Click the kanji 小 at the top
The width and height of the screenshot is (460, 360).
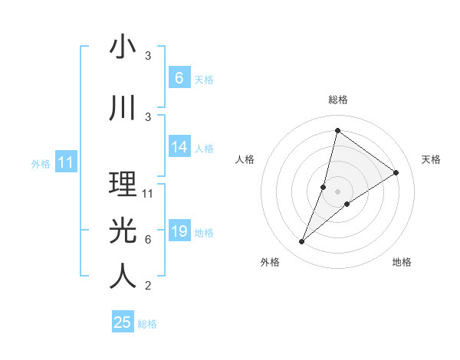[x=123, y=47]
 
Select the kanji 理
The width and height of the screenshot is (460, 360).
[x=123, y=185]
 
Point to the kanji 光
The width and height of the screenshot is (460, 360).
[x=123, y=229]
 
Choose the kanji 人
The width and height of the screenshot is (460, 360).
[x=123, y=277]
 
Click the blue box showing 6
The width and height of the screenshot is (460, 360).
[x=179, y=77]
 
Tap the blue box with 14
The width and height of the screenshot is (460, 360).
[x=179, y=147]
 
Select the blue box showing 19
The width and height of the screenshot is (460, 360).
[x=179, y=231]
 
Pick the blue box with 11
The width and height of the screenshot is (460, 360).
[x=65, y=162]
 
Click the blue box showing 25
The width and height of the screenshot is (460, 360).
[x=123, y=322]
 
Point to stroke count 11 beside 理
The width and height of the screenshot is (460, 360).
[x=148, y=194]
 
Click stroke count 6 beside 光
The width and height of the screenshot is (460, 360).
[x=148, y=240]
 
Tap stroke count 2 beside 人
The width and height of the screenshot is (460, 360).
[x=148, y=286]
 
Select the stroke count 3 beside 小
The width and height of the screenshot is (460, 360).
[x=148, y=56]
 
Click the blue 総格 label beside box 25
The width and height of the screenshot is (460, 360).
[x=147, y=324]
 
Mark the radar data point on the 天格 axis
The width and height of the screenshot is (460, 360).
[x=396, y=173]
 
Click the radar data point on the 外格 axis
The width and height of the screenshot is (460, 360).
[x=302, y=242]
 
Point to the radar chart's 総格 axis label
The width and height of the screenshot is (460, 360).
[x=337, y=100]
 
